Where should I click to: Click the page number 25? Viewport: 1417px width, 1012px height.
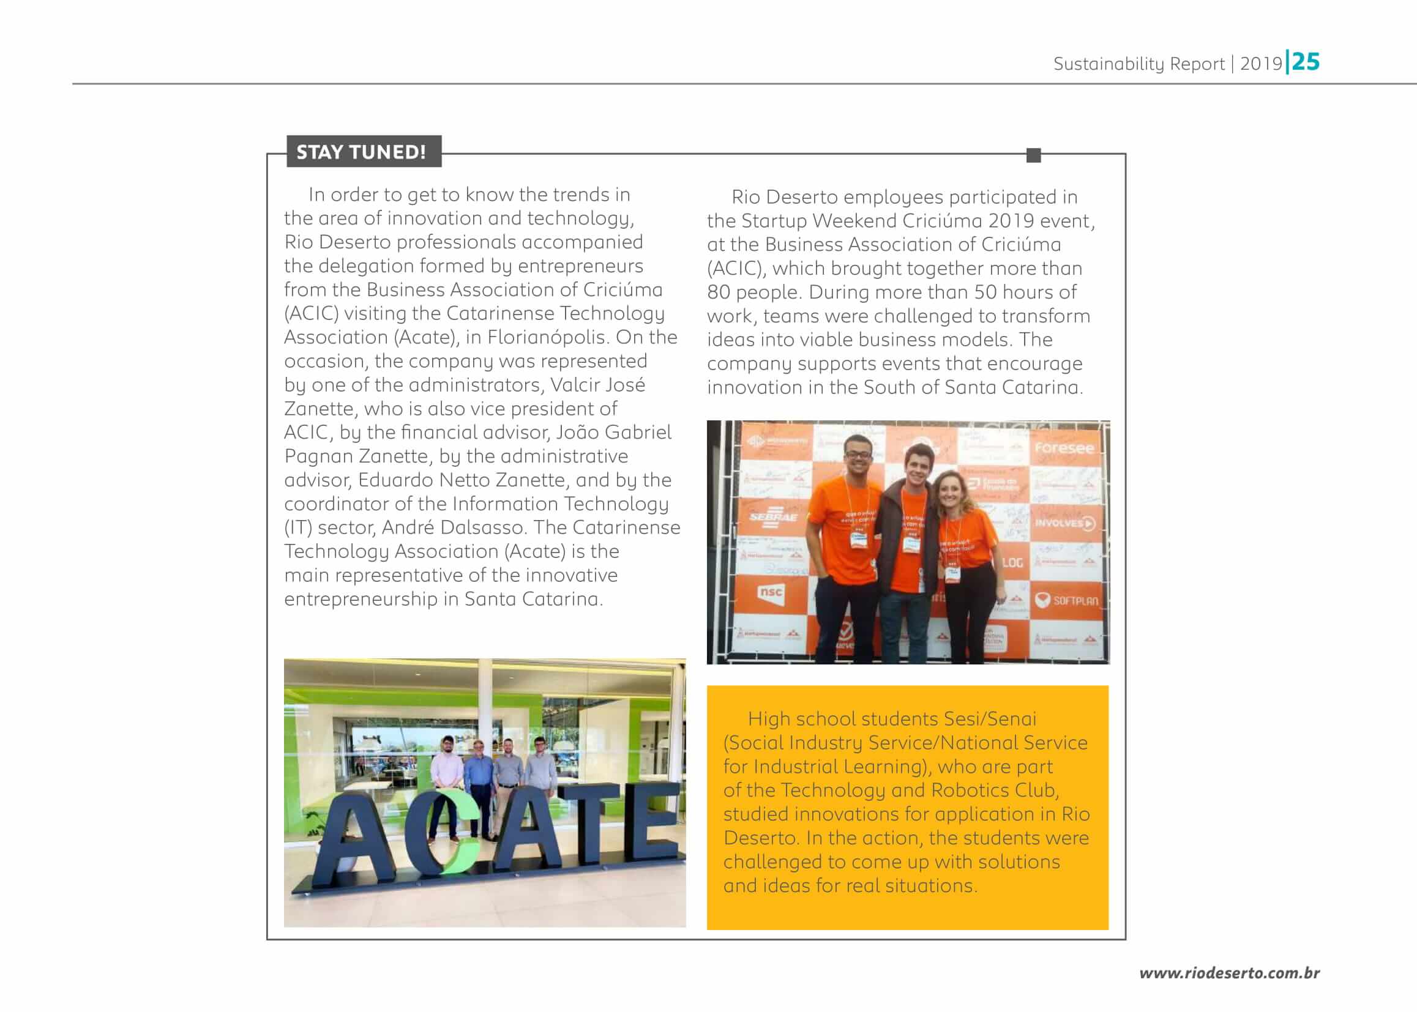[x=1306, y=62]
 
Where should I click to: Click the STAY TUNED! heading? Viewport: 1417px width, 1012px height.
[x=362, y=151]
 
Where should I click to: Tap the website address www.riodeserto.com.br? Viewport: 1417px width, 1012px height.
[x=1228, y=973]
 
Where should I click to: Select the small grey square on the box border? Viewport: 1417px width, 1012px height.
[x=1033, y=155]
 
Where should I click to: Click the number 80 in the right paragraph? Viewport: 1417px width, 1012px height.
[x=718, y=292]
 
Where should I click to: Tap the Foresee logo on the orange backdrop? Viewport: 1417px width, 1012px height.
[x=1064, y=447]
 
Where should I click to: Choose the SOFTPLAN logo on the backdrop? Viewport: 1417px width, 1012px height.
[x=1067, y=601]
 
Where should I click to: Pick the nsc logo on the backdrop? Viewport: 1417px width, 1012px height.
[x=771, y=592]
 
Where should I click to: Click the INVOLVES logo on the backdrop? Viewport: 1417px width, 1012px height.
[x=1065, y=523]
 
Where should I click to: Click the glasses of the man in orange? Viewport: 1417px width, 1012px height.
[x=858, y=453]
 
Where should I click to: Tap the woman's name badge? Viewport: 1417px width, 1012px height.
[x=953, y=573]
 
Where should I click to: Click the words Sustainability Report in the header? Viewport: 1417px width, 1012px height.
[x=1138, y=64]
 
